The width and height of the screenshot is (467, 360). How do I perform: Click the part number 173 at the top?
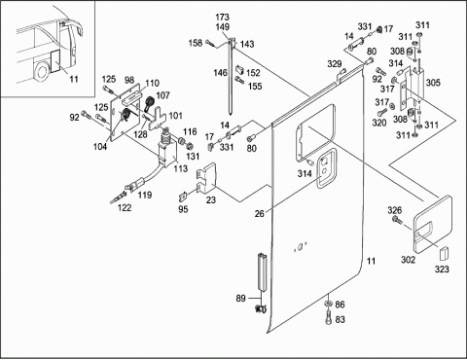(223, 17)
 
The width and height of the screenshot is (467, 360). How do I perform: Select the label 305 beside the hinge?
(433, 83)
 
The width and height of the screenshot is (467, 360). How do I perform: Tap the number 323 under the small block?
(442, 269)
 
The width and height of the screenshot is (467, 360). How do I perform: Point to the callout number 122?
(125, 207)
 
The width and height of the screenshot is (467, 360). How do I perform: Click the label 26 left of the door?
(259, 214)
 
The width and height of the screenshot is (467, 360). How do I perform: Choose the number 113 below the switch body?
(180, 168)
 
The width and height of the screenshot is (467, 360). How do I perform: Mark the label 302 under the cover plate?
(408, 260)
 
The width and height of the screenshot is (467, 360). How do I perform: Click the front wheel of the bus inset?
(41, 71)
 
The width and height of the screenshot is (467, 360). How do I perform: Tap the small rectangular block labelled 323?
(444, 253)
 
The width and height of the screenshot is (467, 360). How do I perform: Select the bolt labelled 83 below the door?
(328, 317)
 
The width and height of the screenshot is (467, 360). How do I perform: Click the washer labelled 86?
(328, 303)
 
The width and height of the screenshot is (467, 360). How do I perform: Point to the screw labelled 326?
(397, 220)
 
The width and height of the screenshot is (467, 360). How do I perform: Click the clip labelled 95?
(183, 197)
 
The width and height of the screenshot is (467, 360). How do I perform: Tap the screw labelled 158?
(211, 44)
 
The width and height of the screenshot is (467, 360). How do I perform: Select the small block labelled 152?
(240, 69)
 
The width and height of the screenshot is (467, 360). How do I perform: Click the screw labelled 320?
(382, 113)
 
